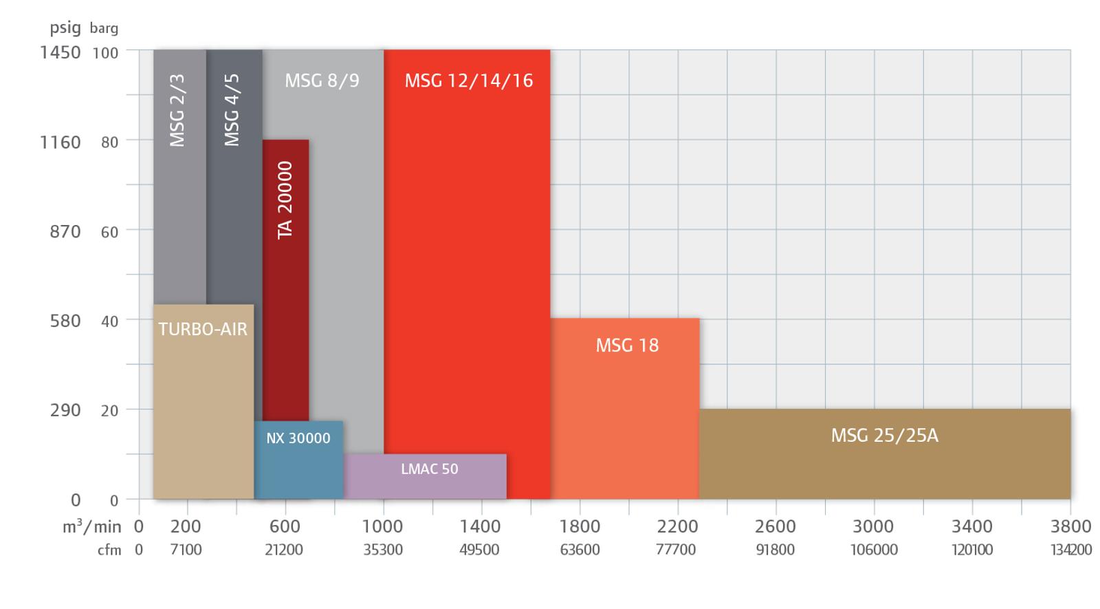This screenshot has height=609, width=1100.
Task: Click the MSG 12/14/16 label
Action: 468,81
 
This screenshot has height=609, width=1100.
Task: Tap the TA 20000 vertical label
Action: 285,200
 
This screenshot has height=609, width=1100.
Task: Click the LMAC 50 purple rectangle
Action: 426,476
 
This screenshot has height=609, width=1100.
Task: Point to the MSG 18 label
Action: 626,345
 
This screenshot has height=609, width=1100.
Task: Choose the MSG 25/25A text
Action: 884,436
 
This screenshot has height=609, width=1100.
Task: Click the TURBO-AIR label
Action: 203,329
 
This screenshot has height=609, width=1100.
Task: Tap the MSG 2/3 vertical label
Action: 177,111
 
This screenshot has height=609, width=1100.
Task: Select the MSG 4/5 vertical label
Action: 232,111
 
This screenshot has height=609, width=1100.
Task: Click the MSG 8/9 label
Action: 322,81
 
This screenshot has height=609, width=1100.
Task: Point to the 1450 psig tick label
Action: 60,52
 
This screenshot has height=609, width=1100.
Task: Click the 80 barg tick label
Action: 109,142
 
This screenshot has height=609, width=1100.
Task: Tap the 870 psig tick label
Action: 65,231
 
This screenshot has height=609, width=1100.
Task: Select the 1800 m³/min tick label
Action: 580,526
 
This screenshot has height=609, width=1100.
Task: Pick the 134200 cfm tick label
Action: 1070,550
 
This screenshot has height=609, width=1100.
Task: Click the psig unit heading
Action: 65,28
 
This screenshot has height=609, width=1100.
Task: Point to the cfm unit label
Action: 109,550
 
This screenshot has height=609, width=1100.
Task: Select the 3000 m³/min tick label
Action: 874,526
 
